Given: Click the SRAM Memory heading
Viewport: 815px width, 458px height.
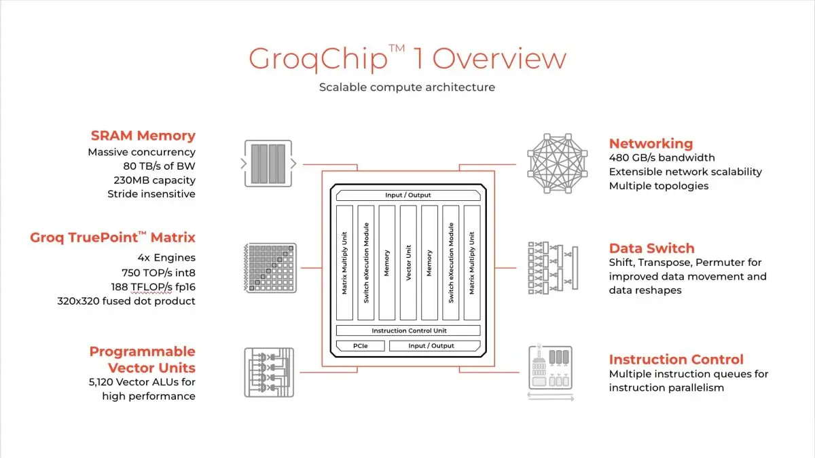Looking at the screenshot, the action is (143, 136).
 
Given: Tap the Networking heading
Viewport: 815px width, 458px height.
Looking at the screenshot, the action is (651, 144).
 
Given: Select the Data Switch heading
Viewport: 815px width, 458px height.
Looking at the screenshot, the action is (651, 248).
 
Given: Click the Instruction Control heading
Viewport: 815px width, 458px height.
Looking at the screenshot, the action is (676, 360).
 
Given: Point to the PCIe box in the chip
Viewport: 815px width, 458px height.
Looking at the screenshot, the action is (360, 345).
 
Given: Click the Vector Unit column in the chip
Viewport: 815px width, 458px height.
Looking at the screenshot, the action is (408, 263).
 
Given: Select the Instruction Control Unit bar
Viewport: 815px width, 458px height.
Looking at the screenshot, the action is (408, 330).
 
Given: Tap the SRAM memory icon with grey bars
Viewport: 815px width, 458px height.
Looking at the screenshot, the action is (268, 164).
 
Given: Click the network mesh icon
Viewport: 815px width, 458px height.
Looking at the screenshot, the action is (558, 164).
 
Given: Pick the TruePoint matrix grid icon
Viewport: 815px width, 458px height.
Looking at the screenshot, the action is (270, 268).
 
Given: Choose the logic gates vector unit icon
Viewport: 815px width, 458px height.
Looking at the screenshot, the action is (269, 373).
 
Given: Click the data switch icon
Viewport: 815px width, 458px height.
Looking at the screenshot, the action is (553, 268).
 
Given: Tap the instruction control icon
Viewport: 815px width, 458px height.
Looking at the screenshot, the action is (551, 372).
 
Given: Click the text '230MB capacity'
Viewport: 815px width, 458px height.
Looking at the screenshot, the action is (155, 180).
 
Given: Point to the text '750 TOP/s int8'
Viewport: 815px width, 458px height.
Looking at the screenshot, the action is (159, 273).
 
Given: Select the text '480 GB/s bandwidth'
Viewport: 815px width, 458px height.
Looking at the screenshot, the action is (662, 157).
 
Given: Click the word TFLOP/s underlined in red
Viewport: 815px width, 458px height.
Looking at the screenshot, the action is (151, 287).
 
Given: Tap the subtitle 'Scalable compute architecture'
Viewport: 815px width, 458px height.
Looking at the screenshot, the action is (407, 88).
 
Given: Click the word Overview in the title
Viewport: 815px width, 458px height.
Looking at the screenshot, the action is (500, 59).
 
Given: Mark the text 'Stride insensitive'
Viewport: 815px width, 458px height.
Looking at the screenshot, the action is (151, 194).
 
